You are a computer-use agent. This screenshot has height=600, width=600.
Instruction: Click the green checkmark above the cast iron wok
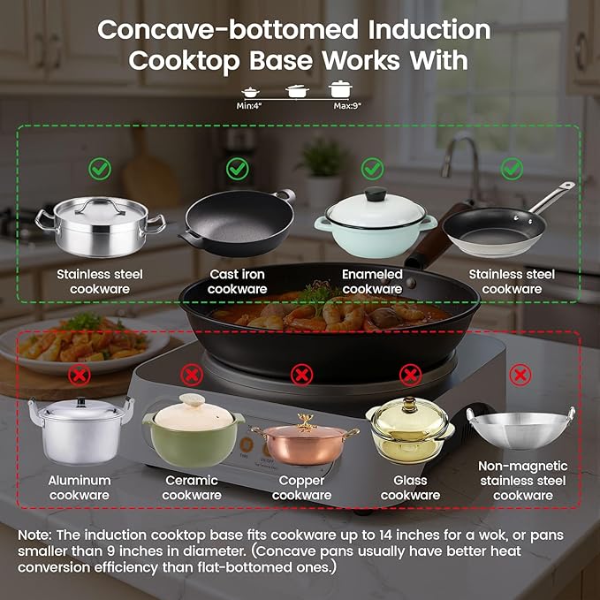[x=237, y=168]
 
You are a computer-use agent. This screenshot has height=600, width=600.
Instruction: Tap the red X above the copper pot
[x=301, y=375]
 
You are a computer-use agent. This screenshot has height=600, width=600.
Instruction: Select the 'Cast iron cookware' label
[x=238, y=282]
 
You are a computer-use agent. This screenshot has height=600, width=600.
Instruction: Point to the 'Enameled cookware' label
[x=372, y=282]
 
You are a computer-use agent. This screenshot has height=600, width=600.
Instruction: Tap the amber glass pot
[x=409, y=430]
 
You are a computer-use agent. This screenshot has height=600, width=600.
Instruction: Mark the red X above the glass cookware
[x=410, y=375]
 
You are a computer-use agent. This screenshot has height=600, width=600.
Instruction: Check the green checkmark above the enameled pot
[x=373, y=168]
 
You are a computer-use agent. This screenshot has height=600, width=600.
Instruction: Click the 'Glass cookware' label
[x=410, y=488]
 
